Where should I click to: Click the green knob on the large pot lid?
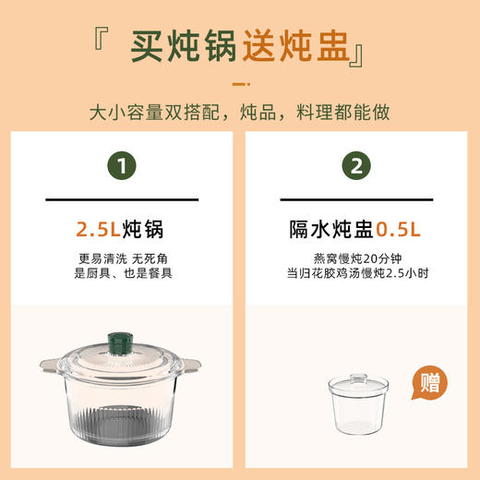click(x=120, y=341)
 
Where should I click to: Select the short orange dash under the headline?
click(x=240, y=85)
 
